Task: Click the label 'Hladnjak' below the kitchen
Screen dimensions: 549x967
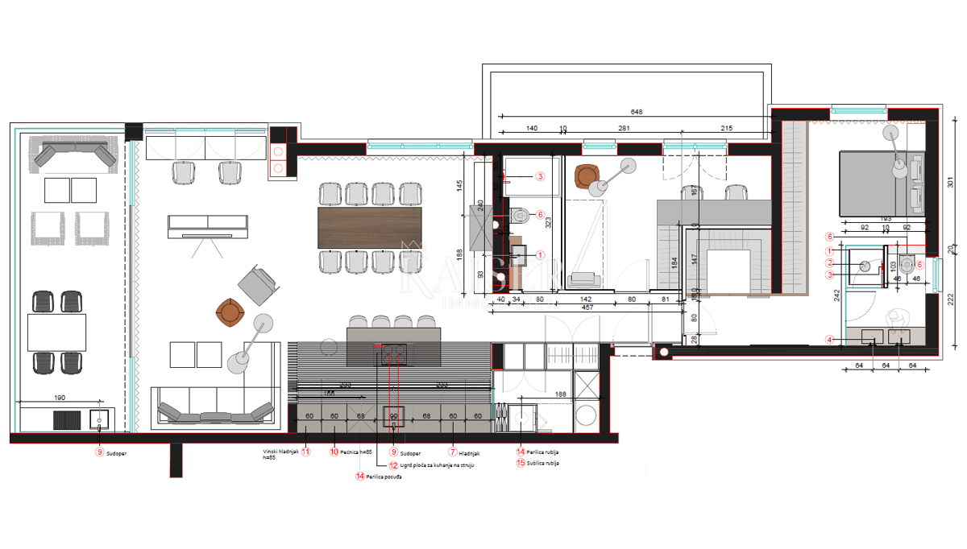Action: pyautogui.click(x=470, y=452)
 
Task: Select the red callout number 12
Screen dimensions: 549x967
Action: pyautogui.click(x=393, y=464)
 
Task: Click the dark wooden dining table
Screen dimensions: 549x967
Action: pyautogui.click(x=370, y=228)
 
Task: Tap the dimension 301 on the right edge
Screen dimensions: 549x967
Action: pyautogui.click(x=951, y=183)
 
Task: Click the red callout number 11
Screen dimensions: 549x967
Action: pyautogui.click(x=305, y=452)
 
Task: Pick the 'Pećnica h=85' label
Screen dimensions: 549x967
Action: pyautogui.click(x=355, y=452)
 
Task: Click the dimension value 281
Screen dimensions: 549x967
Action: pyautogui.click(x=624, y=128)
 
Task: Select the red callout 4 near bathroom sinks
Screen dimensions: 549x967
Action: pyautogui.click(x=828, y=339)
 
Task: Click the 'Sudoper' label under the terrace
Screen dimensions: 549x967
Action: pyautogui.click(x=117, y=453)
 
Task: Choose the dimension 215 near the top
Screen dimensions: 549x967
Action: pyautogui.click(x=726, y=128)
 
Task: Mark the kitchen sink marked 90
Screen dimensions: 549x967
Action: pyautogui.click(x=394, y=415)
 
